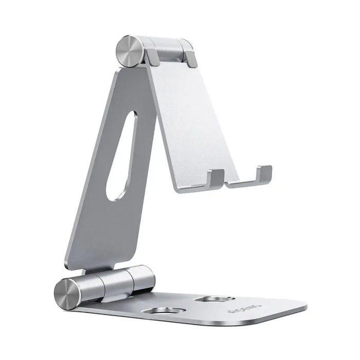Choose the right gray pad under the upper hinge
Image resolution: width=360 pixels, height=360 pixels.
point(190,58)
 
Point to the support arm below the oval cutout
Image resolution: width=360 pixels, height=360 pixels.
point(103,231)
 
